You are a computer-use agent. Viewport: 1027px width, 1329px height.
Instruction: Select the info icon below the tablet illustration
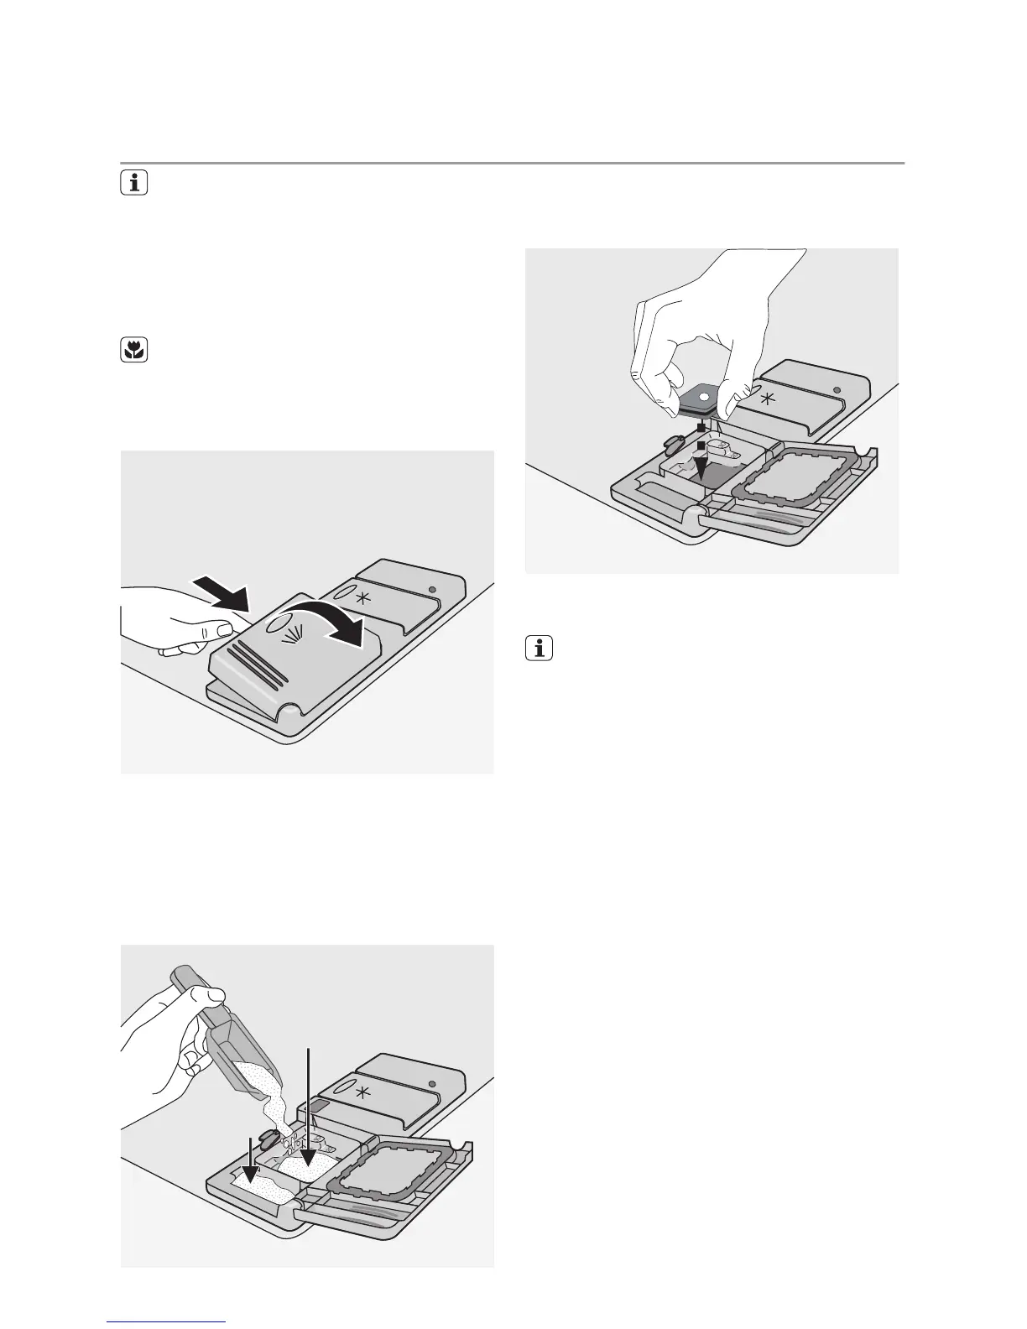coord(540,649)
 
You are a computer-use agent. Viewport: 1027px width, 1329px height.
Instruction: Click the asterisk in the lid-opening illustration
coord(362,598)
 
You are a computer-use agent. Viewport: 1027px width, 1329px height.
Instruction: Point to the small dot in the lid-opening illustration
coord(431,590)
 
